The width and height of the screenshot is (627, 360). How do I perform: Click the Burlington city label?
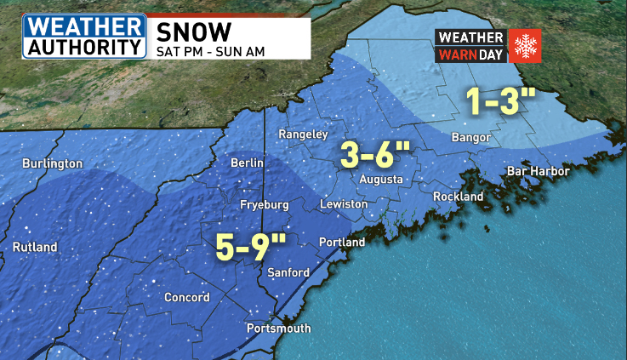click(x=52, y=163)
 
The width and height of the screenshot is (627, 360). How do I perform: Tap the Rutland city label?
click(x=35, y=247)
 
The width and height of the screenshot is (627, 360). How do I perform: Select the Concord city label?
click(x=187, y=297)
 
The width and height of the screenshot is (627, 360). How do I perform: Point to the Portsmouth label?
click(x=278, y=329)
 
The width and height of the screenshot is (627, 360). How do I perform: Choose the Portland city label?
click(x=341, y=243)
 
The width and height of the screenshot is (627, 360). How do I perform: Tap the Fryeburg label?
click(x=265, y=205)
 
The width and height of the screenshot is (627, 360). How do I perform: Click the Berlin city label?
click(x=248, y=163)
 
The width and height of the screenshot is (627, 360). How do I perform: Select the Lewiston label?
click(x=344, y=204)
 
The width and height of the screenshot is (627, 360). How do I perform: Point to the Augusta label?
click(x=381, y=180)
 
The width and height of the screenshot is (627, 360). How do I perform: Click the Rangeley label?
click(x=304, y=134)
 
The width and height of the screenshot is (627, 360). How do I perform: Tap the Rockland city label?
click(x=458, y=197)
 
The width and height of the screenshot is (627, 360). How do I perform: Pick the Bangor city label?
click(x=472, y=137)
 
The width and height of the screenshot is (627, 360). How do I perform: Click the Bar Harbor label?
click(x=538, y=171)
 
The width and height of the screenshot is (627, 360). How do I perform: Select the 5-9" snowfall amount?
click(x=251, y=248)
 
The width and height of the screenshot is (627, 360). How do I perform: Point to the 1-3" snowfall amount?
click(x=500, y=103)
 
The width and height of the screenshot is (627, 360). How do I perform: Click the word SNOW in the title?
click(x=194, y=31)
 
